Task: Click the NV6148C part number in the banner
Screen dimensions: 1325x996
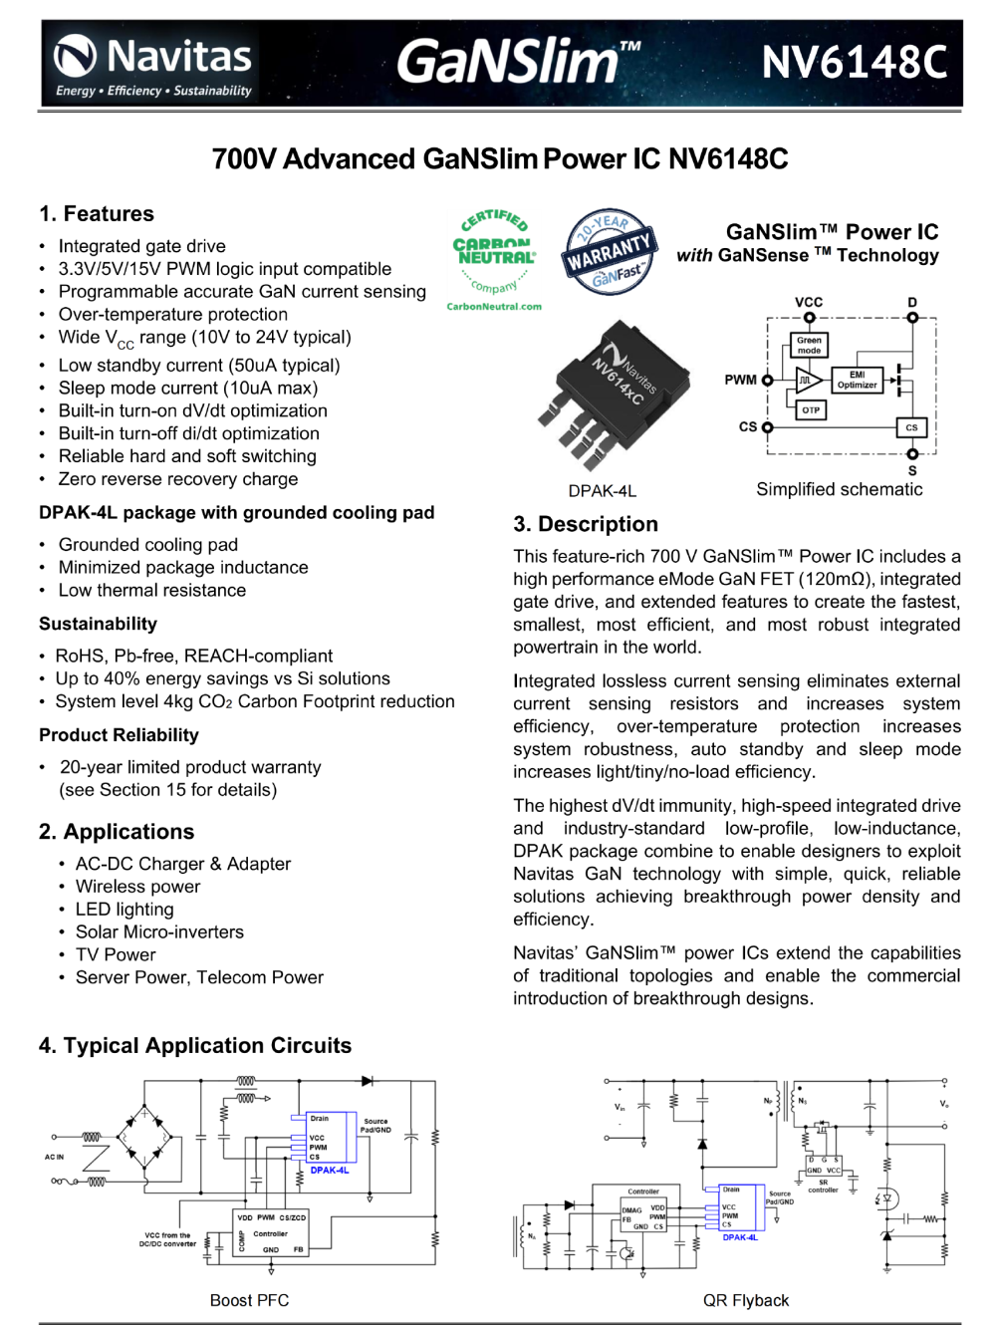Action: pos(854,63)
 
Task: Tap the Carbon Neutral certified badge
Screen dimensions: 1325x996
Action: pos(494,258)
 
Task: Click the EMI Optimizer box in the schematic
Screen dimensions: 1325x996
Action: pos(857,380)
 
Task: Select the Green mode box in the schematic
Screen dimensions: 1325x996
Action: pos(809,345)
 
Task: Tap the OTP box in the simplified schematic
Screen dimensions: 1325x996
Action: pos(811,409)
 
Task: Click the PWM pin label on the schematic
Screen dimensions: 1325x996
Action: pos(740,380)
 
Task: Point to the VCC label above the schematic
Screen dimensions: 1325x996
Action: pos(809,302)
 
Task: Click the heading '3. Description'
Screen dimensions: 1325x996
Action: pos(586,524)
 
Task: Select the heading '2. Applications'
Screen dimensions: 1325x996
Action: pos(117,832)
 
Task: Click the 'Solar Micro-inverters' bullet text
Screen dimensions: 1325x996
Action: pos(159,931)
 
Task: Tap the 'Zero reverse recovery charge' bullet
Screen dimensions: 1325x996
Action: pos(178,479)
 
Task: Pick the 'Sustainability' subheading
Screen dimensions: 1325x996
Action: pos(98,624)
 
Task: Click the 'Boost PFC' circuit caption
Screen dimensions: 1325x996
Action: pos(249,1300)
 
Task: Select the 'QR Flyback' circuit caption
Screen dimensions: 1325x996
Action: pos(745,1300)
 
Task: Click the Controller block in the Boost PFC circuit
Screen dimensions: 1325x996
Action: pos(270,1233)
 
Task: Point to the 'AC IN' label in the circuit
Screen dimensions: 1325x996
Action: pos(54,1157)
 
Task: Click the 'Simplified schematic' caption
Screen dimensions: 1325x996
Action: pos(839,489)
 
